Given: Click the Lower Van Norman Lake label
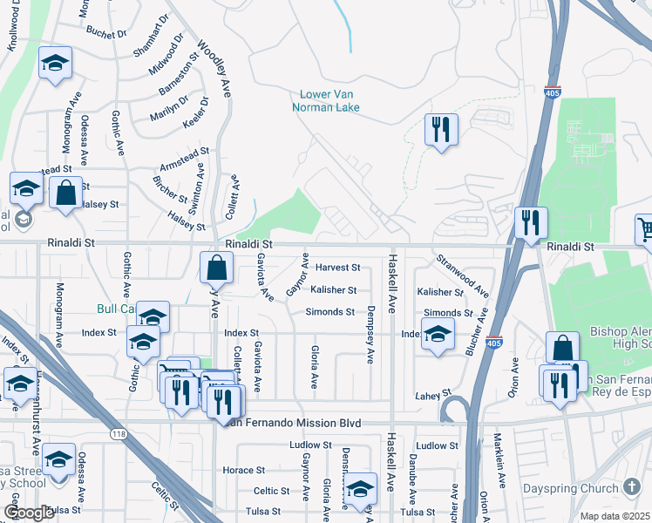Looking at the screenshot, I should tap(329, 101).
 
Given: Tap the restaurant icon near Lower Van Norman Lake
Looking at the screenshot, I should tap(441, 130).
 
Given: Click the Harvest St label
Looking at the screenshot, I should tap(338, 268).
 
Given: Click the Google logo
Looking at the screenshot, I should tap(29, 513).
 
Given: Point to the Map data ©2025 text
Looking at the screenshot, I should tap(614, 516).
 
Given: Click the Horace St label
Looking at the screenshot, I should tap(237, 470).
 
